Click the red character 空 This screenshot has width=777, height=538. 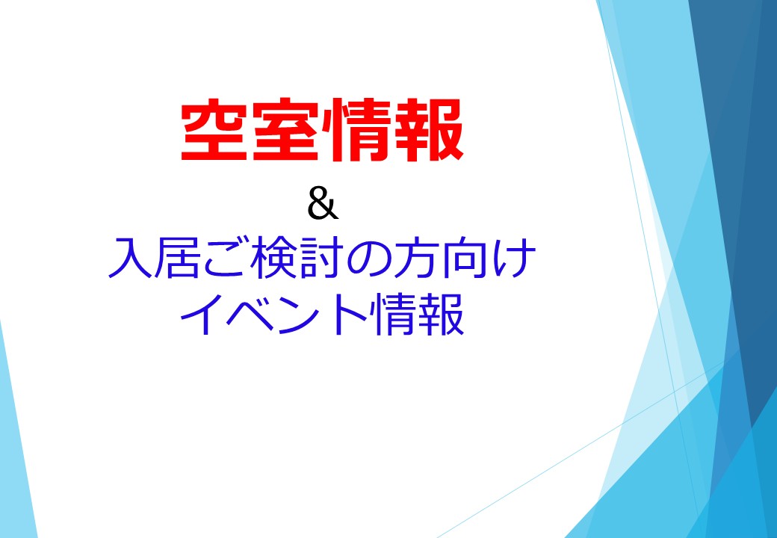point(214,130)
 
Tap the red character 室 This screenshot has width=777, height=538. point(285,130)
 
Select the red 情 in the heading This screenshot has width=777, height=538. point(357,130)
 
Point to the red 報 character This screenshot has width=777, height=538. point(429,130)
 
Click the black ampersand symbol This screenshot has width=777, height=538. point(323,203)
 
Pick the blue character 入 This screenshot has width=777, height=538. point(129,258)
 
